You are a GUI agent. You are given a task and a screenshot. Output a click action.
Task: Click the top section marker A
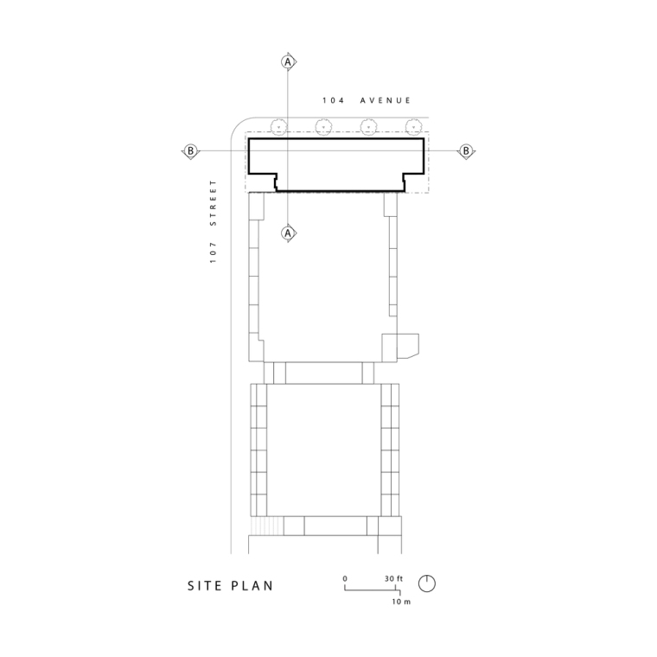288,62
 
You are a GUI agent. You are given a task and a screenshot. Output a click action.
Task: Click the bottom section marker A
288,233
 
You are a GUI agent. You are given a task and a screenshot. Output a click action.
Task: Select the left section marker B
191,150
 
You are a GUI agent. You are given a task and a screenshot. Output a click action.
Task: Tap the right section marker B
466,150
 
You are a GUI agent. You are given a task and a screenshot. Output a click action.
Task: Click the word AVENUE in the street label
386,100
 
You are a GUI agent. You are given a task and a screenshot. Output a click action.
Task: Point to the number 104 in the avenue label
333,100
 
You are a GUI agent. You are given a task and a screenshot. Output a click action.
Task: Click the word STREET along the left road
214,203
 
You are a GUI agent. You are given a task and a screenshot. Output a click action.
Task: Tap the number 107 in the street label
214,252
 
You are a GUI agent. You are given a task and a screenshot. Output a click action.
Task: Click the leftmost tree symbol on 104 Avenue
278,126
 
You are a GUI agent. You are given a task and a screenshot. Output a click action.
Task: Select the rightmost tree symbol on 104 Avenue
414,126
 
